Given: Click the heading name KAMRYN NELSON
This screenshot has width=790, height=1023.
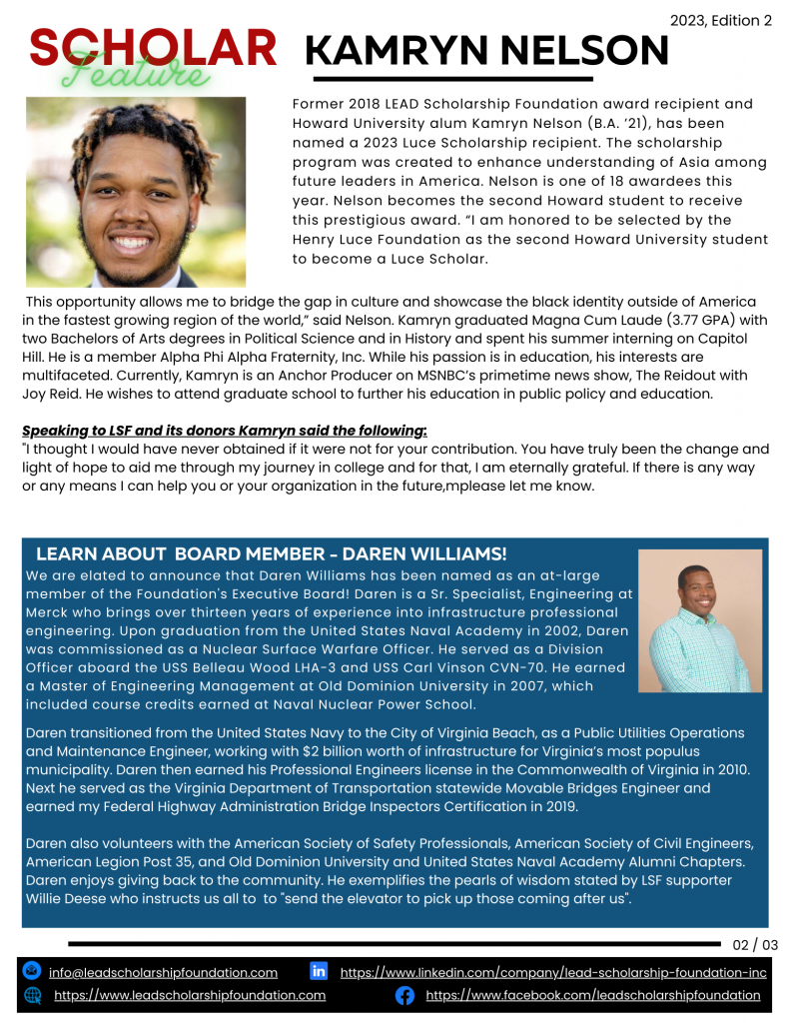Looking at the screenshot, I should [485, 50].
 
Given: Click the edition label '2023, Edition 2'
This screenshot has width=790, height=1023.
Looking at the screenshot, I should [721, 20].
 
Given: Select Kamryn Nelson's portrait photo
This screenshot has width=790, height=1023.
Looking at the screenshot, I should [136, 192].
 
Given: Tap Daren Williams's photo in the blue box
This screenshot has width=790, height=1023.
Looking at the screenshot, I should [699, 620].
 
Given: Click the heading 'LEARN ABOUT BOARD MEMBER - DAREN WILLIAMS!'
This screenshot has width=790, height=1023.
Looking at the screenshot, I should [272, 553].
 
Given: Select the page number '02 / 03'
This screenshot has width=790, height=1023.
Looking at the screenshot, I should [755, 945].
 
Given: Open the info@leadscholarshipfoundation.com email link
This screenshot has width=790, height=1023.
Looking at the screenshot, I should [163, 972].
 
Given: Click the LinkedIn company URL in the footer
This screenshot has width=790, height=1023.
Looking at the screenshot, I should [553, 972].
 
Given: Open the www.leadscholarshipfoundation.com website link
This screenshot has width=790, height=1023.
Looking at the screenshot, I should [190, 995].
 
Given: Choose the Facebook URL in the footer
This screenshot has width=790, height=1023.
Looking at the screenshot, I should [593, 995].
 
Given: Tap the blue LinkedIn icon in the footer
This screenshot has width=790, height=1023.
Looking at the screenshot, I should [319, 971].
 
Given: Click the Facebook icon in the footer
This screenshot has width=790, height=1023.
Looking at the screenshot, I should [405, 995].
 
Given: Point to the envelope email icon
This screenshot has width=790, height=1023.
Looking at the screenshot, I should [32, 971].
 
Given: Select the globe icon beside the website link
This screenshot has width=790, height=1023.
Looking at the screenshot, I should [32, 995].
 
